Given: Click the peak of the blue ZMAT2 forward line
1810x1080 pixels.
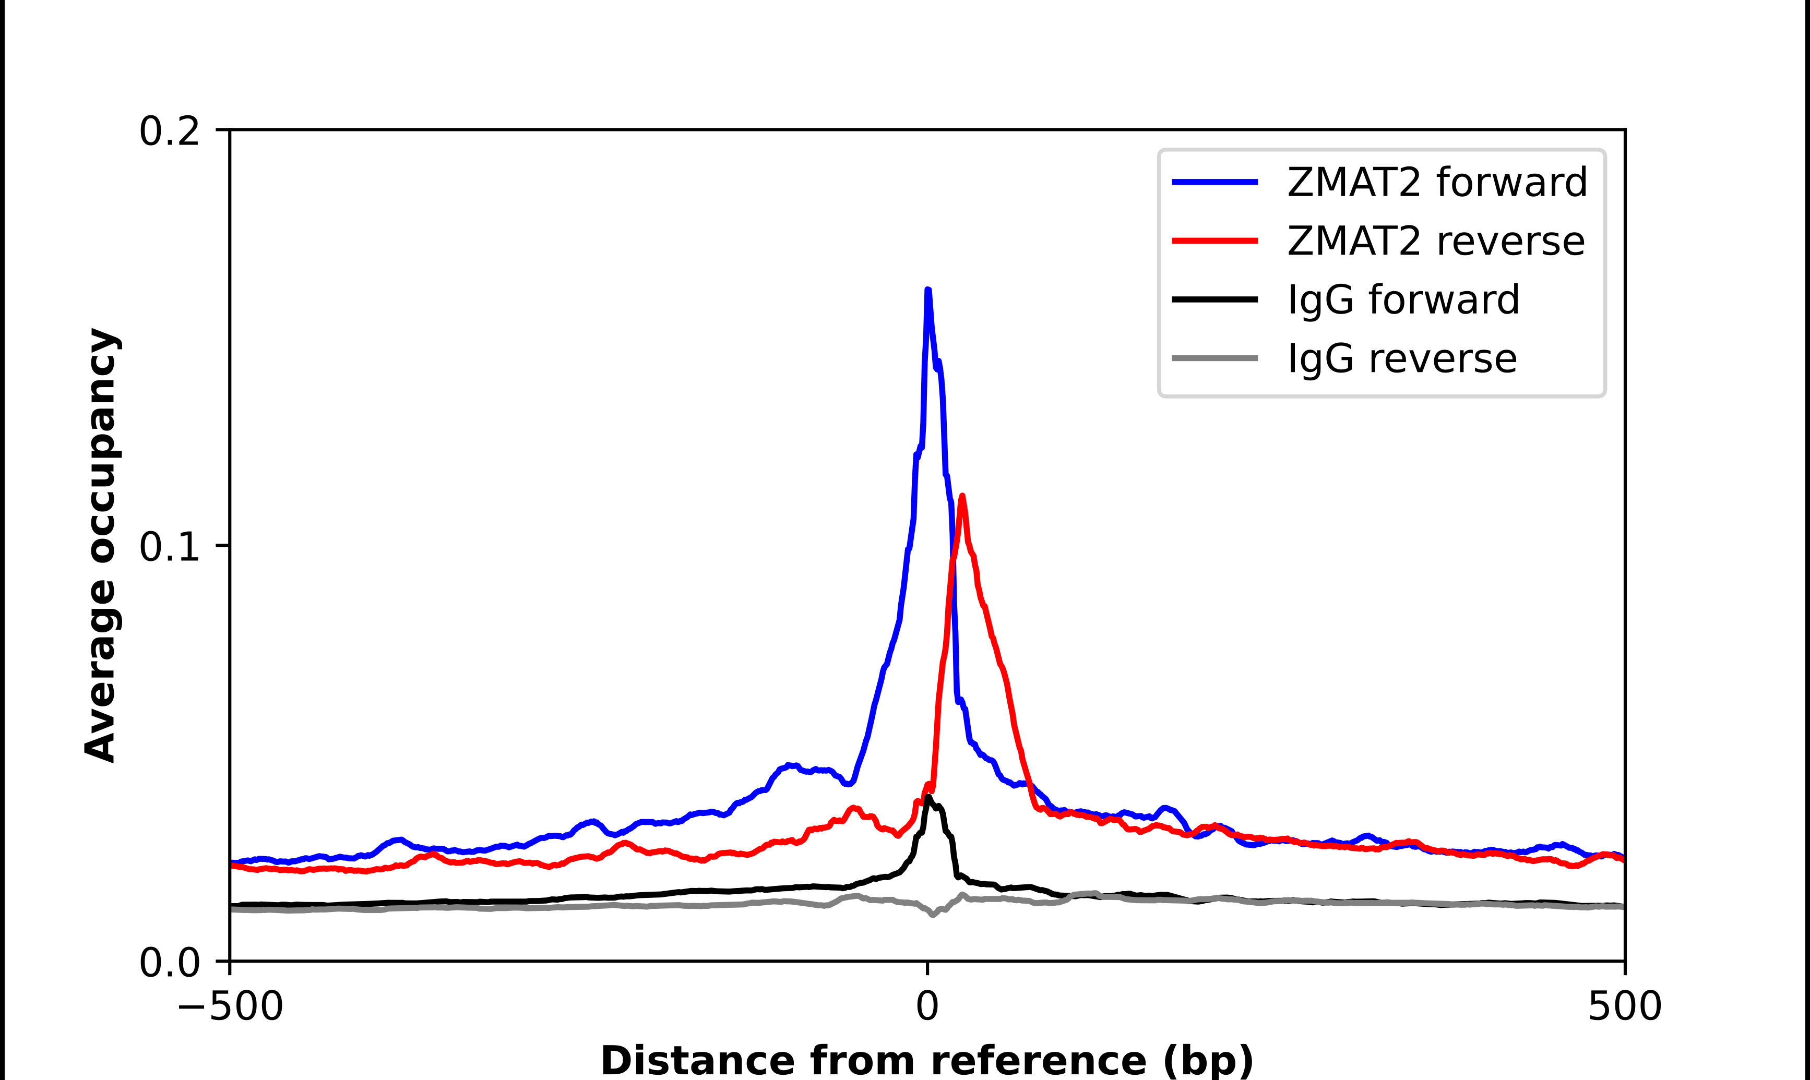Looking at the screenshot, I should tap(928, 291).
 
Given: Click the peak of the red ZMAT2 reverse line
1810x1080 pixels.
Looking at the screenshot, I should tap(962, 496).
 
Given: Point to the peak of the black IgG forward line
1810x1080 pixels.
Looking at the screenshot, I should tap(928, 798).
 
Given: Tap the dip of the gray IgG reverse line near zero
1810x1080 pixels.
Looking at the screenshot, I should tap(933, 915).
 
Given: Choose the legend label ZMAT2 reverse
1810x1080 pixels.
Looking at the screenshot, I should tap(1435, 241).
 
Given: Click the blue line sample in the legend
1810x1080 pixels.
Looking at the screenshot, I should tap(1214, 182).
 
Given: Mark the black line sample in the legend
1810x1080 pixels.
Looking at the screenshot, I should tap(1214, 299).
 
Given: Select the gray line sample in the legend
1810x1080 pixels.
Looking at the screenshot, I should tap(1214, 358).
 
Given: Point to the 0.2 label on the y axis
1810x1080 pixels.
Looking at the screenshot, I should tap(169, 131).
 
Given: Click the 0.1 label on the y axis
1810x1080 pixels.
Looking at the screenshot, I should tap(169, 547).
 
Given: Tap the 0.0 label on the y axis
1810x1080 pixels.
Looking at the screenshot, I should tap(169, 962).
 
